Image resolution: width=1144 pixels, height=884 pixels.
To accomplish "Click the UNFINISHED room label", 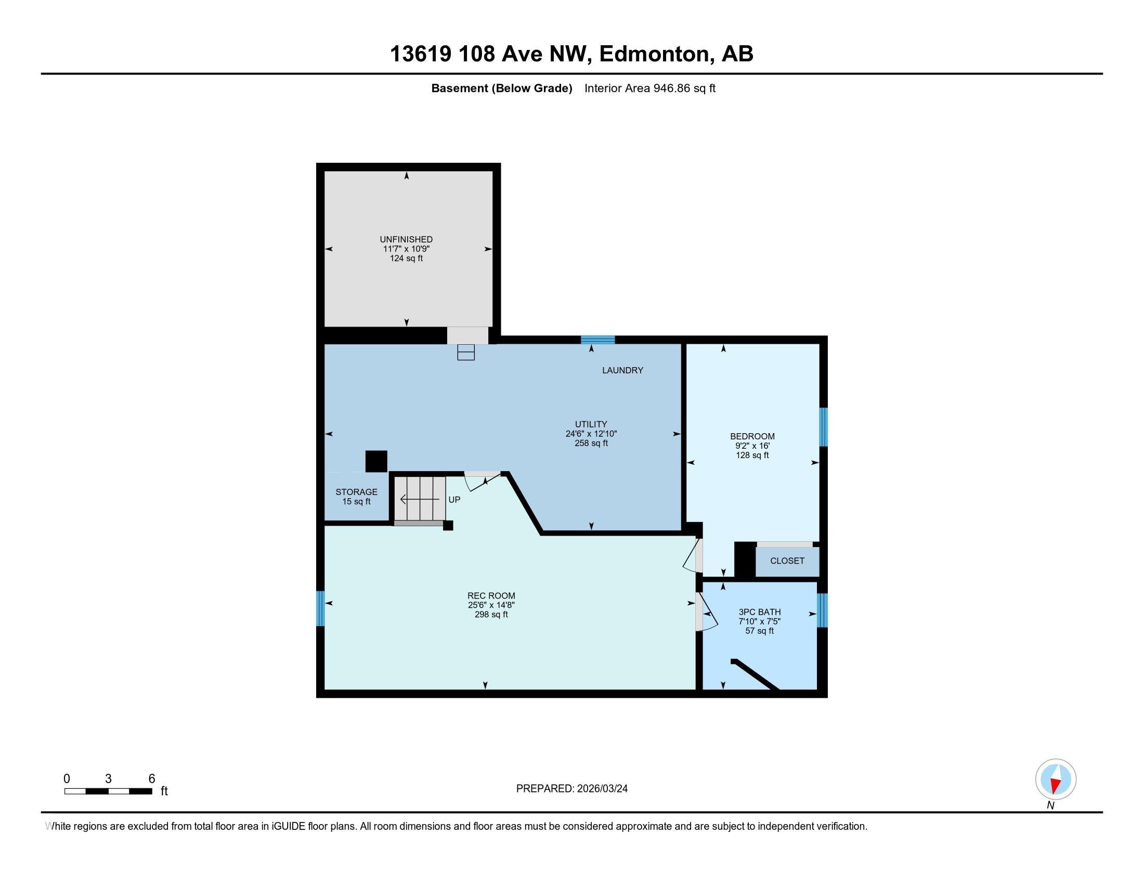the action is [406, 239].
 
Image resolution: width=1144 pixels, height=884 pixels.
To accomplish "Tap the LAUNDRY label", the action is [622, 370].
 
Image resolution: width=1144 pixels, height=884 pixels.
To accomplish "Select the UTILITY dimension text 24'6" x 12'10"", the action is [591, 434].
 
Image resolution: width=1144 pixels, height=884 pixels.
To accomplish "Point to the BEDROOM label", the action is [752, 436].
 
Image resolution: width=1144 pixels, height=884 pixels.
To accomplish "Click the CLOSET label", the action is [787, 561].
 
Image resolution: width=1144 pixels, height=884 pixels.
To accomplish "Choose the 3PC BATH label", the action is [760, 612].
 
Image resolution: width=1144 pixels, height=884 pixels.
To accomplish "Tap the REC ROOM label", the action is [491, 595].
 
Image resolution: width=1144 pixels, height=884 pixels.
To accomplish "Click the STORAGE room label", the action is [356, 492].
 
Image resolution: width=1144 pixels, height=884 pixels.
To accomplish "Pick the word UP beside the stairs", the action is [454, 500].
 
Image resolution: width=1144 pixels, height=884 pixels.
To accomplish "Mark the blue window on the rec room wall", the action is [320, 608].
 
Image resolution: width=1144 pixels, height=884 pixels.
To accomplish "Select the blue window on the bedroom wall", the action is [824, 427].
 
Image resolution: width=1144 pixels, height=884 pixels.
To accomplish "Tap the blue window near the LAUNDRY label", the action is [597, 340].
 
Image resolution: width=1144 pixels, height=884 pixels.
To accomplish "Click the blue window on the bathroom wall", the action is [823, 610].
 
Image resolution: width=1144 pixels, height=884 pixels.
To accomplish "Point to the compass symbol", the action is [1056, 779].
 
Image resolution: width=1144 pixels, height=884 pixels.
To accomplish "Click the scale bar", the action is [109, 791].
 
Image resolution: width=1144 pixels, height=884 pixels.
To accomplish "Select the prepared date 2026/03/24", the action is [602, 788].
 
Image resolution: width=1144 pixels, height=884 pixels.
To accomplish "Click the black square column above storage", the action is [376, 461].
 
